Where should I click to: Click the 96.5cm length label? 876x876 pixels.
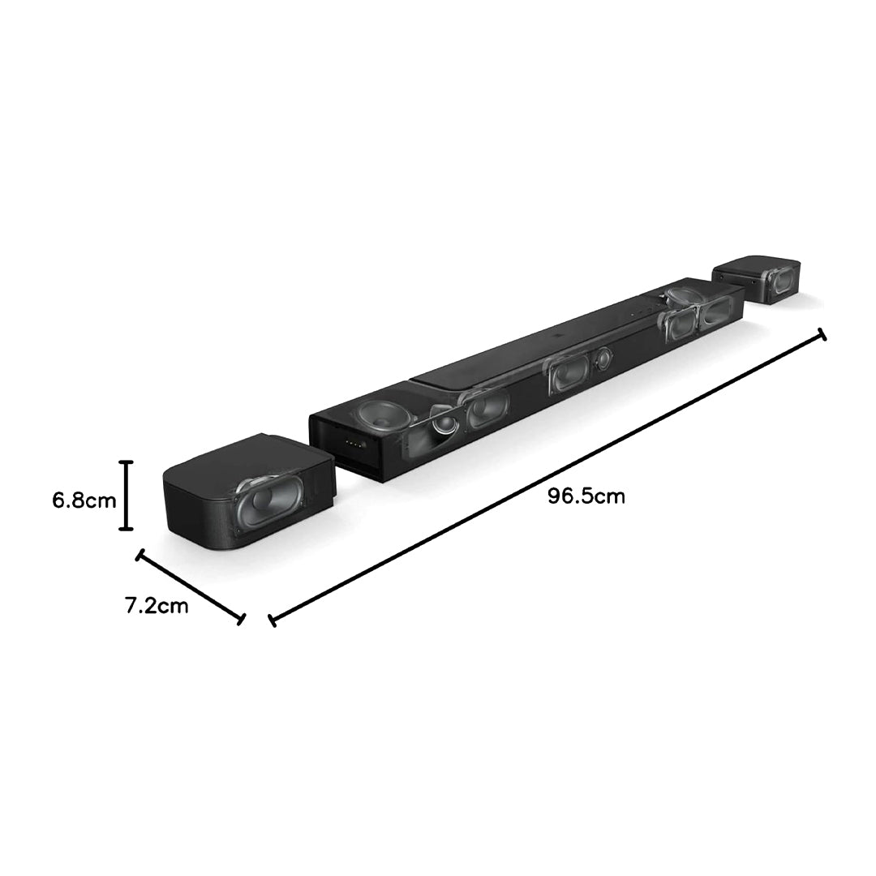[x=586, y=496]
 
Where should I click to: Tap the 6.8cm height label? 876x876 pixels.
[x=84, y=500]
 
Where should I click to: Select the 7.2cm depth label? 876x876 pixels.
[x=157, y=605]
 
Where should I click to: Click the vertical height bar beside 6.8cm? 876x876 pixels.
[x=126, y=495]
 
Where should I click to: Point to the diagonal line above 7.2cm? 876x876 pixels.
[x=190, y=586]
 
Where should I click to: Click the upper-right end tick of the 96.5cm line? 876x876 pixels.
[x=822, y=334]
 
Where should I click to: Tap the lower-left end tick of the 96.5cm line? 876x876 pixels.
[x=272, y=620]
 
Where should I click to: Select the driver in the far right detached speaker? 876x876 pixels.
[x=779, y=281]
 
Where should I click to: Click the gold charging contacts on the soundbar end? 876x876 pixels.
[x=354, y=444]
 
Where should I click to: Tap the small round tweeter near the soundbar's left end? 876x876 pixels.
[x=442, y=423]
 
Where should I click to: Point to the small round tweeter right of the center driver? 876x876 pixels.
[x=603, y=358]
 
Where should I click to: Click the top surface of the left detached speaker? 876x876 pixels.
[x=243, y=458]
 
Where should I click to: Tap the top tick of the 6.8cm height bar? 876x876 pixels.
[x=126, y=462]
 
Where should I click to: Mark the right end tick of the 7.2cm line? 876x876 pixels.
[x=241, y=619]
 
